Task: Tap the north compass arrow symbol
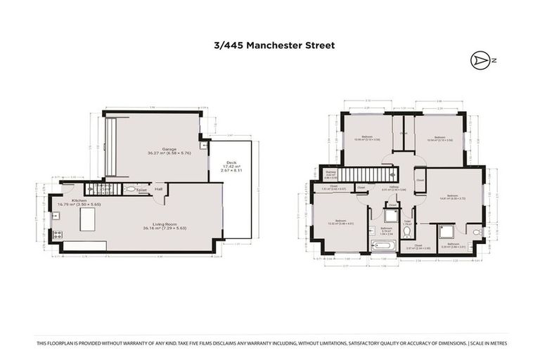481,61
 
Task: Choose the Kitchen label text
78,202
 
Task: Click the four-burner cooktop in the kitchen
57,236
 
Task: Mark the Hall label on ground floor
158,188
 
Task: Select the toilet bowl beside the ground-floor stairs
131,189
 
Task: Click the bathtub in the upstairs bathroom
385,245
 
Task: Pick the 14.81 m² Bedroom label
452,197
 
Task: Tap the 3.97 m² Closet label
417,247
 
